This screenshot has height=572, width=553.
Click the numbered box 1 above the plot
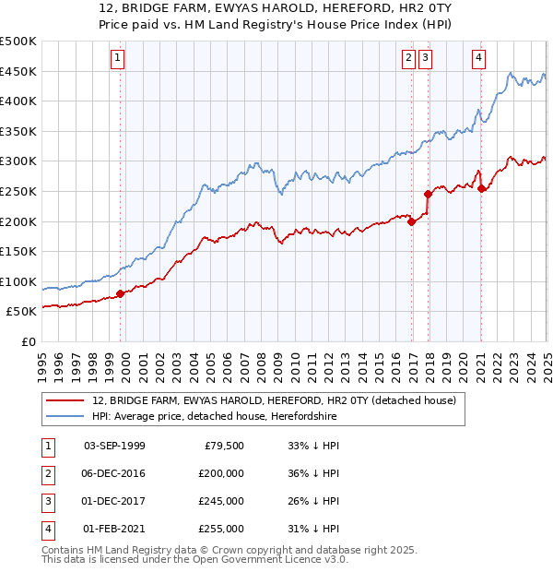(119, 57)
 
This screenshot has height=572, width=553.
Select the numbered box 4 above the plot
(479, 57)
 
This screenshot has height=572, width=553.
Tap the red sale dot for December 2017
(429, 194)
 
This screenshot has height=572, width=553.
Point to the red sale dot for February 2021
(482, 188)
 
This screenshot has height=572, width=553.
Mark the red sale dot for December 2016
(412, 221)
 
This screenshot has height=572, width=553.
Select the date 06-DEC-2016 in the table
(114, 473)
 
